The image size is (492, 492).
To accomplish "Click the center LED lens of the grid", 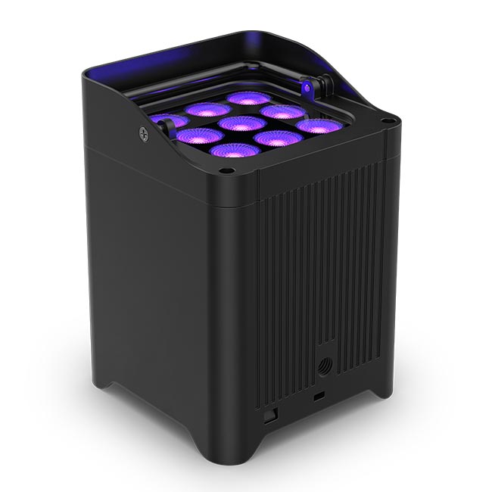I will click(241, 123).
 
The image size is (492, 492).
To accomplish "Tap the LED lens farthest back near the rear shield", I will click(248, 98).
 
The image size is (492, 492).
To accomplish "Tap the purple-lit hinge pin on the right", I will click(309, 88).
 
